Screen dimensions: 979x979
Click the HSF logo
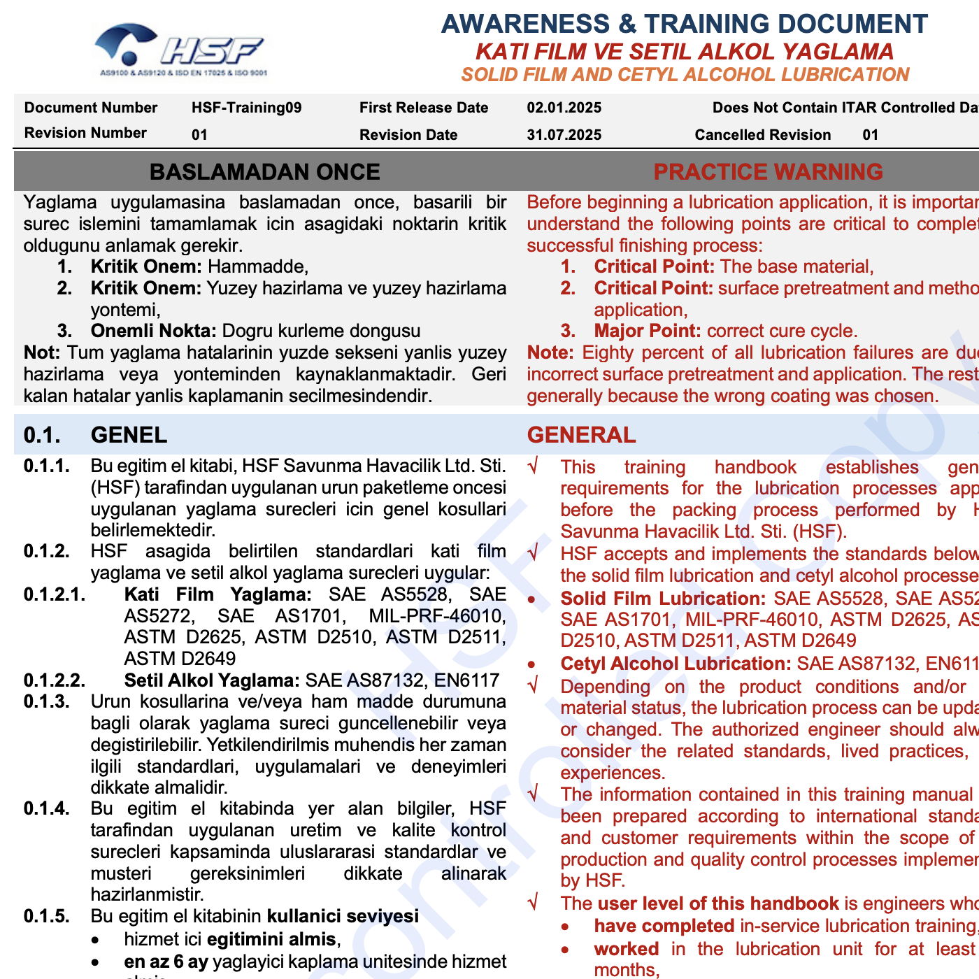click(180, 50)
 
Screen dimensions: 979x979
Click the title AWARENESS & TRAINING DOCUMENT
click(684, 24)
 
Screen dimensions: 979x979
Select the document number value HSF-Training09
click(246, 108)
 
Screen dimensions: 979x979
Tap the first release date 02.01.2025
click(564, 108)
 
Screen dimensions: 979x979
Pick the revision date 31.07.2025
click(564, 135)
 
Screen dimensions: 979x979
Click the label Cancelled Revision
click(762, 135)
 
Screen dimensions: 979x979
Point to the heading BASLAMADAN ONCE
click(264, 172)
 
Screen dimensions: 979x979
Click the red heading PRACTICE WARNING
click(768, 172)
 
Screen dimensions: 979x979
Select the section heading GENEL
click(129, 435)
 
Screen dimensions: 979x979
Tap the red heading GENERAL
click(581, 435)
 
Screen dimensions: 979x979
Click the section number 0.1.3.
click(46, 701)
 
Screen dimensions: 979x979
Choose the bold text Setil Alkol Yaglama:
click(212, 680)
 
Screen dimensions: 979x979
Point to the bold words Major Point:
click(648, 331)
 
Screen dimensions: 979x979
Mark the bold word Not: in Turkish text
click(42, 352)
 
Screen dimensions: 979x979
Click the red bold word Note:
click(550, 352)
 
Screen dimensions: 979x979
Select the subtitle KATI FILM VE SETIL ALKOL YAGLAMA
click(684, 52)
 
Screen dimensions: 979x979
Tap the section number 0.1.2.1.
click(55, 594)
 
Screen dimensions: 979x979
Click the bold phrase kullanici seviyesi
click(343, 916)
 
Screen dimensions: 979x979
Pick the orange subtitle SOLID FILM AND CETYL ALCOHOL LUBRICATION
click(685, 75)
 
